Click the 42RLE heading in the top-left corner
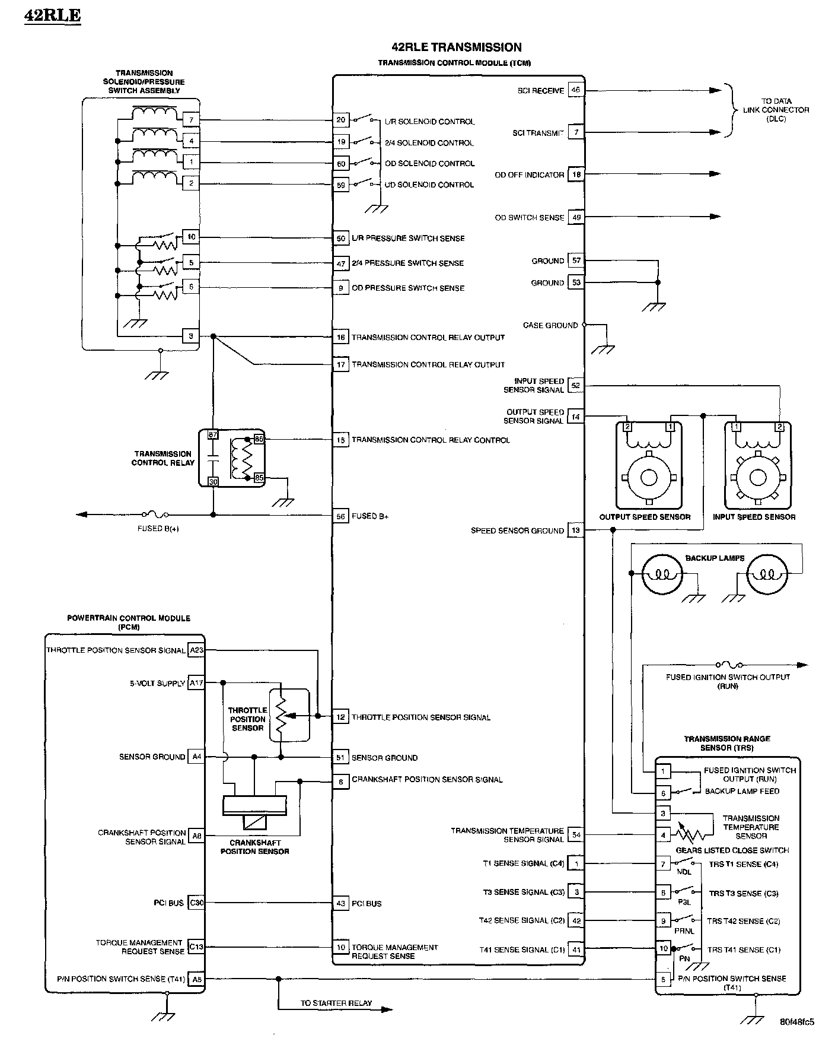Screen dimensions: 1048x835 (52, 15)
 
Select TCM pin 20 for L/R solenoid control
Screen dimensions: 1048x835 (340, 120)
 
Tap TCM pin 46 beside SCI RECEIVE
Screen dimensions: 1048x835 (575, 90)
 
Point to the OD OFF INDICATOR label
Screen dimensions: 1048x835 (529, 175)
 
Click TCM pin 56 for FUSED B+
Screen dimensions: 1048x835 (340, 516)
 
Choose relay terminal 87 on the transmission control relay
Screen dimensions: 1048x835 (213, 435)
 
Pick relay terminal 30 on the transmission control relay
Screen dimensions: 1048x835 (213, 482)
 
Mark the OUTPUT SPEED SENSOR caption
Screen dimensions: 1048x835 (645, 517)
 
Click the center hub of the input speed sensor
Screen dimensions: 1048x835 (757, 478)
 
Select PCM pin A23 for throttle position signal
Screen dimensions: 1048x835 (196, 650)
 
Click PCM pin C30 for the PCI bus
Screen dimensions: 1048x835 (196, 903)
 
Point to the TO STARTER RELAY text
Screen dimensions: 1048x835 (336, 1003)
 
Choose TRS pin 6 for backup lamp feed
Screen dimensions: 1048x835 (663, 793)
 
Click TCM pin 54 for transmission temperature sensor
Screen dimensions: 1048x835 (576, 835)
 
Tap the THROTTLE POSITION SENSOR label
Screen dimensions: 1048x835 (248, 719)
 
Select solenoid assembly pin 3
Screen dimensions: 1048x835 (190, 336)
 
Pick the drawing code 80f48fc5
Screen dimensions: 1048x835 (796, 1022)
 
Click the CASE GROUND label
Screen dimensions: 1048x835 (550, 325)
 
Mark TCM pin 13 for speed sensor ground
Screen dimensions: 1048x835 (575, 531)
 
